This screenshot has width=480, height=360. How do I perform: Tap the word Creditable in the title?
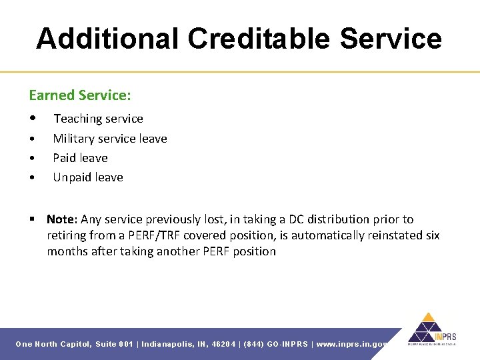[x=259, y=39]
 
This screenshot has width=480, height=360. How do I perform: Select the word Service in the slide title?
[x=390, y=39]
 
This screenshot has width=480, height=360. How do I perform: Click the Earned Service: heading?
[x=80, y=95]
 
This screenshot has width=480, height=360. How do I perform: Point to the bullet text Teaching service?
[x=98, y=119]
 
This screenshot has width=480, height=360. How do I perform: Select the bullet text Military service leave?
[x=110, y=139]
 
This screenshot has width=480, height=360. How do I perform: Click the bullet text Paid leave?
[x=80, y=158]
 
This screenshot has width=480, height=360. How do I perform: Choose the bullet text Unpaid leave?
[x=88, y=177]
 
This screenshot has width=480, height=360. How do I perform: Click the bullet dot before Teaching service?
[x=33, y=119]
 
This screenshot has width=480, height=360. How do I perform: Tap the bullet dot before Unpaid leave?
[x=33, y=178]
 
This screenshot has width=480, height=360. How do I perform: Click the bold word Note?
[x=63, y=219]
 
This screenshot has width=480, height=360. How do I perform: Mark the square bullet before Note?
[x=32, y=219]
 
